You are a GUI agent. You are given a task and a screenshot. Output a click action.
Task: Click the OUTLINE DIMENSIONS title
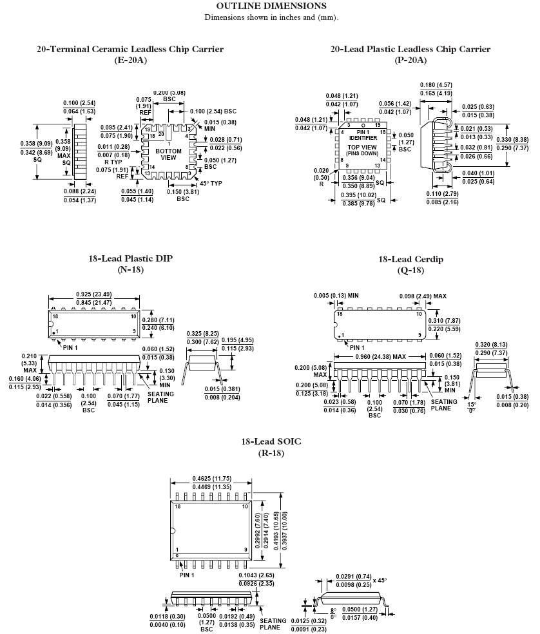click(x=271, y=6)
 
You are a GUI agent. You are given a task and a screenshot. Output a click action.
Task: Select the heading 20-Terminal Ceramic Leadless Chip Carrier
click(x=130, y=49)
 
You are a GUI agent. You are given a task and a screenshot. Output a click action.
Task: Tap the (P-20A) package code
click(x=410, y=60)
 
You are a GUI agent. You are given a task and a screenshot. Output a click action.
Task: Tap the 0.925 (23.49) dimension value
click(x=95, y=294)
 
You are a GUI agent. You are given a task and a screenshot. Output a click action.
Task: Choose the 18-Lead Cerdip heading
click(x=410, y=259)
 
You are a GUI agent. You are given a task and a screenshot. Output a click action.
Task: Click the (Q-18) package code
click(x=410, y=270)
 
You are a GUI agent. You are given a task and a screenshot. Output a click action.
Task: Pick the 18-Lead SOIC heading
click(x=271, y=441)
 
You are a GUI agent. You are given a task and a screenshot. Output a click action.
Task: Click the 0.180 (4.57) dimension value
click(x=436, y=85)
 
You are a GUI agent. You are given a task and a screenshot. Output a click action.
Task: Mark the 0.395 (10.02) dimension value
click(x=359, y=195)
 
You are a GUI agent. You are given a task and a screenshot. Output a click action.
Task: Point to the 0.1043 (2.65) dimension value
click(x=257, y=575)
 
